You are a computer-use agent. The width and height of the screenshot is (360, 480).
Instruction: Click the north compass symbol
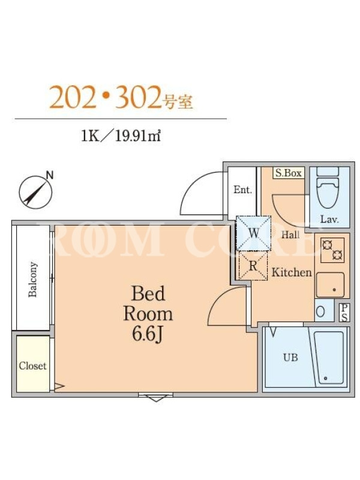[36, 192]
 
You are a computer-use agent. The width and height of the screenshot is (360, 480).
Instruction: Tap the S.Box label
[289, 173]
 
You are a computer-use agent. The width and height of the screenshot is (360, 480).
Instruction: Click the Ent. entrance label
[242, 190]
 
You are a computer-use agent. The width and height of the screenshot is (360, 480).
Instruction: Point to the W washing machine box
[253, 233]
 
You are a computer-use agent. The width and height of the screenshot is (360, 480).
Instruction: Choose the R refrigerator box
[253, 266]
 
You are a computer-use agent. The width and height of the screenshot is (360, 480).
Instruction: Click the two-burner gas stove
[332, 250]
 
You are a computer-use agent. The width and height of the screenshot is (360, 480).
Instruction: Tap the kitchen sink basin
[330, 285]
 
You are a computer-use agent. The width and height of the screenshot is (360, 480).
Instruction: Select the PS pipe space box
[344, 312]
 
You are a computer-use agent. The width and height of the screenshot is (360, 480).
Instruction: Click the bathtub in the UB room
[329, 358]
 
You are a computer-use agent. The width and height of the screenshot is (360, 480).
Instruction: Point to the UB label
[290, 357]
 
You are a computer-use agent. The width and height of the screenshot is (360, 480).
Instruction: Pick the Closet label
[32, 365]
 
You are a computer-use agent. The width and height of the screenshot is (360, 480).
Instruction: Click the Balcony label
[32, 279]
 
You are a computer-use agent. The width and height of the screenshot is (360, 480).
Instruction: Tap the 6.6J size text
[147, 335]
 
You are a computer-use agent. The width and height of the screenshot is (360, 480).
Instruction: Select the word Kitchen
[292, 272]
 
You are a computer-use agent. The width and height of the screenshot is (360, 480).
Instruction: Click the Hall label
[290, 235]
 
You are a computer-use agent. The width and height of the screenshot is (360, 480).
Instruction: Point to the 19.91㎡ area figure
[138, 136]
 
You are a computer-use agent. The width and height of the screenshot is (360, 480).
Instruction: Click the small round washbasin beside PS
[320, 311]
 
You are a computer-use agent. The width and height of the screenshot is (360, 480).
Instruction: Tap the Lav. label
[329, 219]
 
